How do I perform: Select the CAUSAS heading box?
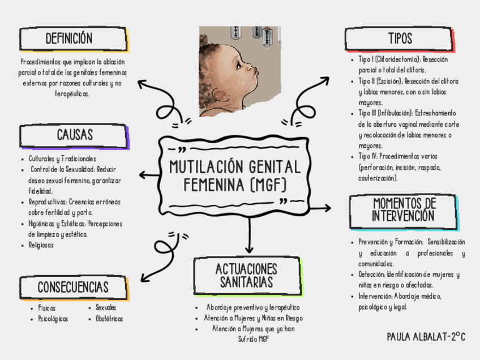pyautogui.click(x=74, y=135)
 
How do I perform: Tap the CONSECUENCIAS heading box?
pyautogui.click(x=73, y=287)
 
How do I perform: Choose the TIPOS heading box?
pyautogui.click(x=400, y=39)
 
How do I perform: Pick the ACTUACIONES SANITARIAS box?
pyautogui.click(x=246, y=275)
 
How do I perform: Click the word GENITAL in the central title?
pyautogui.click(x=269, y=167)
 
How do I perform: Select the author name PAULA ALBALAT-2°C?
pyautogui.click(x=426, y=337)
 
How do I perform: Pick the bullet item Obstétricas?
pyautogui.click(x=109, y=319)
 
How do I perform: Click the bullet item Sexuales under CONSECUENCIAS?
pyautogui.click(x=106, y=307)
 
